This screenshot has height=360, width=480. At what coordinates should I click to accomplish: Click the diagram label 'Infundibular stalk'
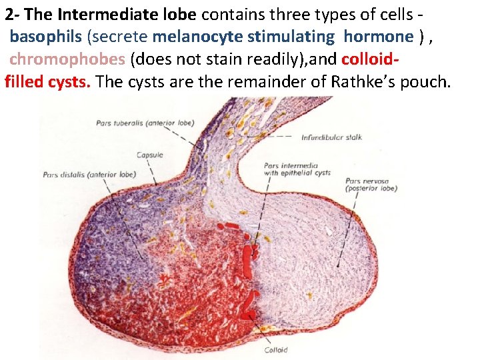331,137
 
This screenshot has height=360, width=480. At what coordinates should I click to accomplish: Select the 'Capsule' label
149,155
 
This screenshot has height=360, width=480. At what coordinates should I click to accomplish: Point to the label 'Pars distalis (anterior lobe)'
89,175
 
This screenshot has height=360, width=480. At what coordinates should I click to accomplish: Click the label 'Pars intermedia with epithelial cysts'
297,169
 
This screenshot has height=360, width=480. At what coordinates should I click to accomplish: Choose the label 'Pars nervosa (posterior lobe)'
371,185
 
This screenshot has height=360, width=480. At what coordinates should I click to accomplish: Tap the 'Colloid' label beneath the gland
275,350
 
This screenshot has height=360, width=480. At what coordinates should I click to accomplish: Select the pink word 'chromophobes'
67,59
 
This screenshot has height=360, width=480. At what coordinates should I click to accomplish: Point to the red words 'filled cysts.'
50,82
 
